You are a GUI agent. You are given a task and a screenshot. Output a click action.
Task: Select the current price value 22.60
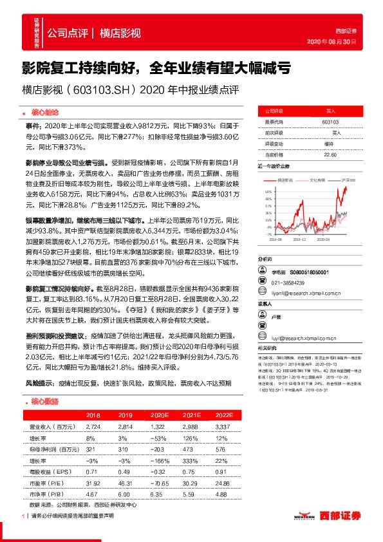(x=330, y=154)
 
